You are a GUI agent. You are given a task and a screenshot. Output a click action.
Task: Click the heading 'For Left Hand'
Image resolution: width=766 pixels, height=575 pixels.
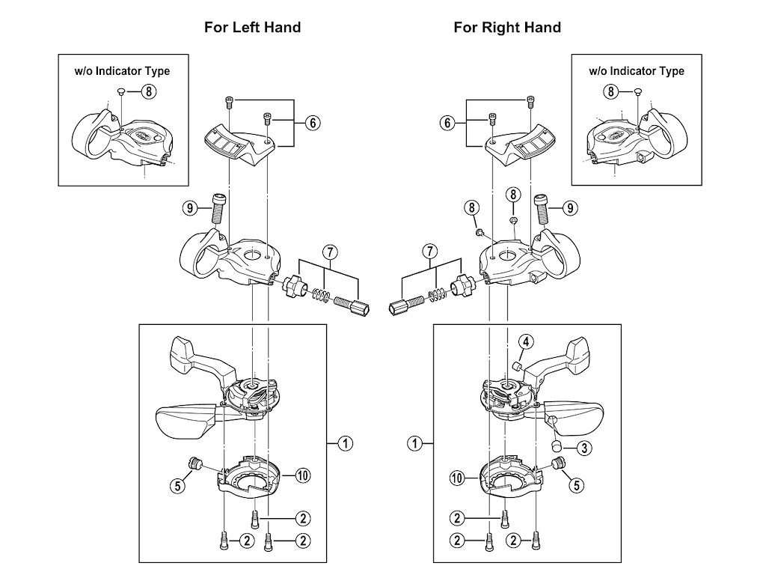(253, 28)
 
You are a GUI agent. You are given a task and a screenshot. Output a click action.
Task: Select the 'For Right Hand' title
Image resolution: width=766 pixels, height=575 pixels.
(507, 28)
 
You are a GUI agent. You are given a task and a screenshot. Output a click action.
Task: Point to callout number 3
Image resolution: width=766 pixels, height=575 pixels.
(584, 448)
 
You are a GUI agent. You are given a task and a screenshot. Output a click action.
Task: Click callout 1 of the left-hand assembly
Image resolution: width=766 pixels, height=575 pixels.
(345, 443)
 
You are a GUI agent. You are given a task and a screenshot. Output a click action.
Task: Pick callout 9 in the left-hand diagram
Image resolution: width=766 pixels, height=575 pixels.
(191, 208)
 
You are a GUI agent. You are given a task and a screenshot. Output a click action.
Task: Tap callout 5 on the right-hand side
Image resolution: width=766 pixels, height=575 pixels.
(576, 485)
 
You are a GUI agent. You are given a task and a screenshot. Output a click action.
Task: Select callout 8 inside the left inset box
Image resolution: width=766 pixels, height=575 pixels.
(149, 92)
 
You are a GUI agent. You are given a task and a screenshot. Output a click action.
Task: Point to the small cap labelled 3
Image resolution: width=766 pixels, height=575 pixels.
(557, 447)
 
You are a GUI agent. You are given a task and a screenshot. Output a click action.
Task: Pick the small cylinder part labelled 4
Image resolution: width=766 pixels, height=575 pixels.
(516, 365)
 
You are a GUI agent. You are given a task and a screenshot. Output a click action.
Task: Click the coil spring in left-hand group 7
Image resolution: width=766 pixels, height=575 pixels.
(320, 295)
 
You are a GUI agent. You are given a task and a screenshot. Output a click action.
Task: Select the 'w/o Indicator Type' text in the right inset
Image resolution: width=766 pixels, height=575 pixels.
(637, 71)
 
